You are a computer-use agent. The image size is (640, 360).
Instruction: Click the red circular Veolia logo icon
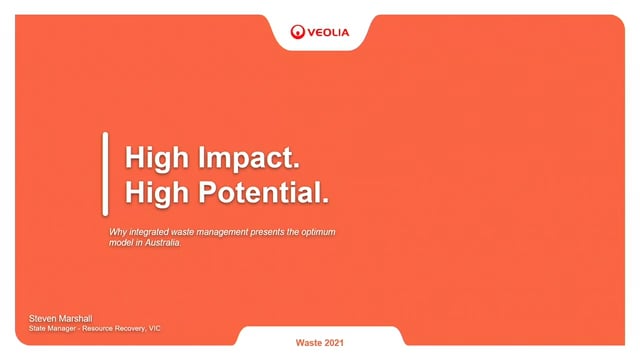tap(298, 31)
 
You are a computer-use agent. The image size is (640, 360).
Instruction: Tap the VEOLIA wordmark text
tap(327, 32)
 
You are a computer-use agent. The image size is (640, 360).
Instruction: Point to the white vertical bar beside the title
tap(105, 174)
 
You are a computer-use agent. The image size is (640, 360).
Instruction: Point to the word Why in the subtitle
tap(118, 232)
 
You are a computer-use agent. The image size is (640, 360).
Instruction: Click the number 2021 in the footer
tap(335, 343)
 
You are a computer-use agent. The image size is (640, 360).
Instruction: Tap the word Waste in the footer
tap(309, 343)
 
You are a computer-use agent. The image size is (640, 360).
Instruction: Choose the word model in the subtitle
tap(121, 243)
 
